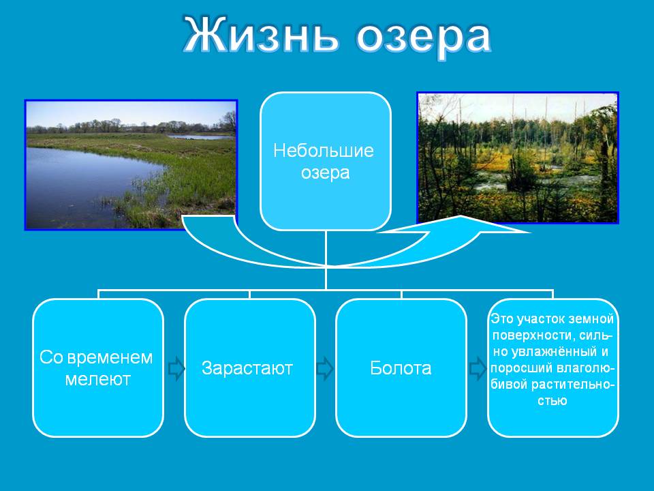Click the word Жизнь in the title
[x=261, y=35]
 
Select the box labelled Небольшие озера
[x=326, y=161]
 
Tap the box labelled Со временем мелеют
[x=98, y=368]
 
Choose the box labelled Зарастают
[x=249, y=368]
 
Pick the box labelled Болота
[x=401, y=368]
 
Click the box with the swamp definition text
[x=552, y=368]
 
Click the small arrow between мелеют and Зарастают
[x=176, y=368]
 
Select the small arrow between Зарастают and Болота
[x=324, y=368]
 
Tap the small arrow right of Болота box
[x=478, y=368]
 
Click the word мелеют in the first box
[x=98, y=380]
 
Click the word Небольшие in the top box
[x=323, y=151]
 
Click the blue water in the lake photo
[x=83, y=183]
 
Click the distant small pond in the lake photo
[x=200, y=136]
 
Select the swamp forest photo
[x=518, y=158]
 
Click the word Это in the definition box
[x=502, y=319]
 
